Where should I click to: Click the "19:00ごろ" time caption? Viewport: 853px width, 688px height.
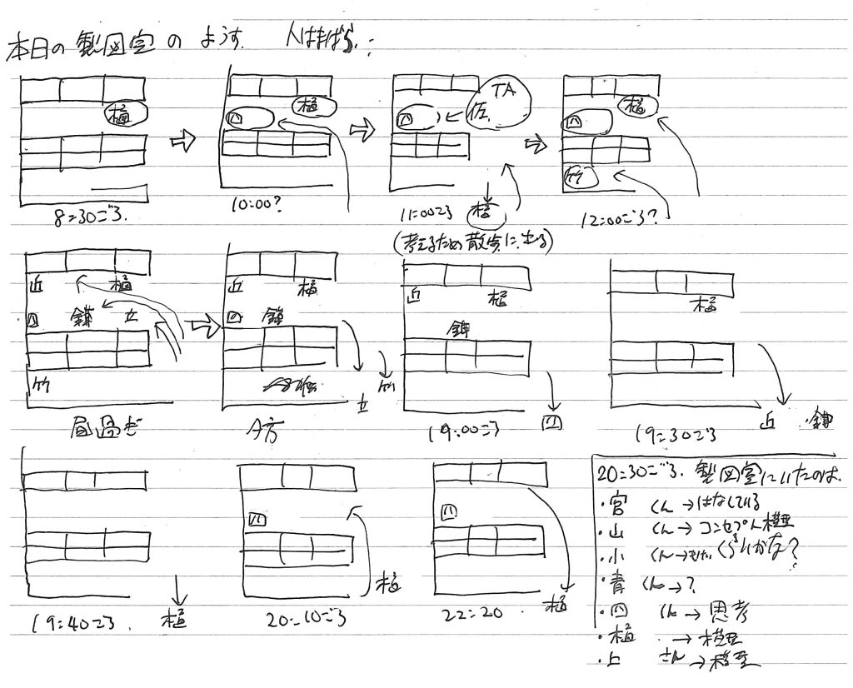click(x=463, y=432)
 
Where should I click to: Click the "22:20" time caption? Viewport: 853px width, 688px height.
click(x=472, y=615)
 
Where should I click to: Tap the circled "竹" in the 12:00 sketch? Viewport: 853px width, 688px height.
click(x=575, y=176)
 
